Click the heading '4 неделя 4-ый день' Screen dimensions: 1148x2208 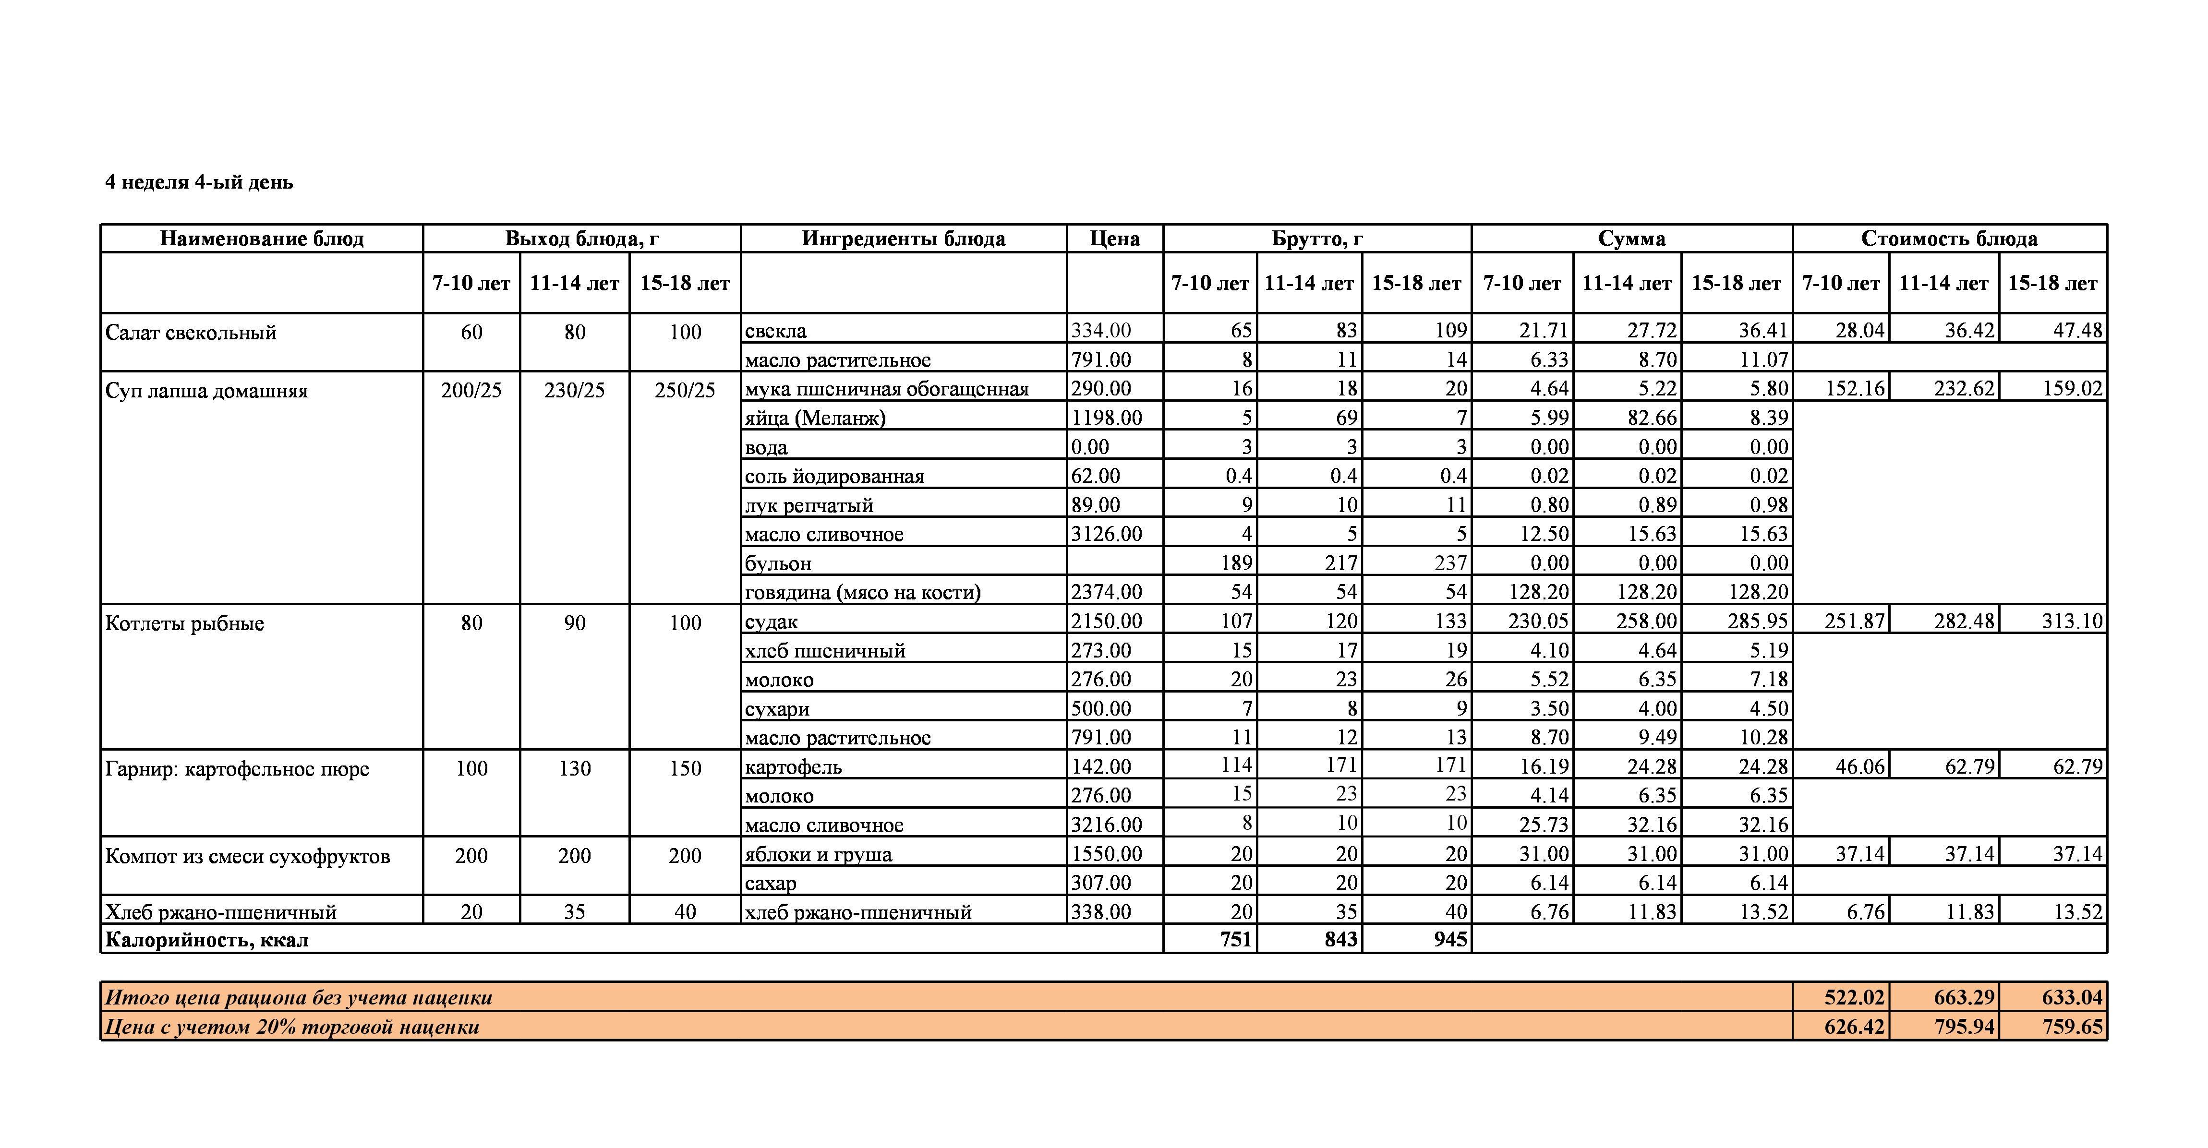pyautogui.click(x=199, y=182)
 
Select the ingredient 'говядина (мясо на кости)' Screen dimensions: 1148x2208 pyautogui.click(x=862, y=592)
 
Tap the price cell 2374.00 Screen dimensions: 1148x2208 pyautogui.click(x=1106, y=592)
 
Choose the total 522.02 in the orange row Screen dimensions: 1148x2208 pyautogui.click(x=1854, y=997)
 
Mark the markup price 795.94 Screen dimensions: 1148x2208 pyautogui.click(x=1964, y=1027)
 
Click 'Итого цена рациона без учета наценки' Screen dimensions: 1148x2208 pyautogui.click(x=298, y=997)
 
